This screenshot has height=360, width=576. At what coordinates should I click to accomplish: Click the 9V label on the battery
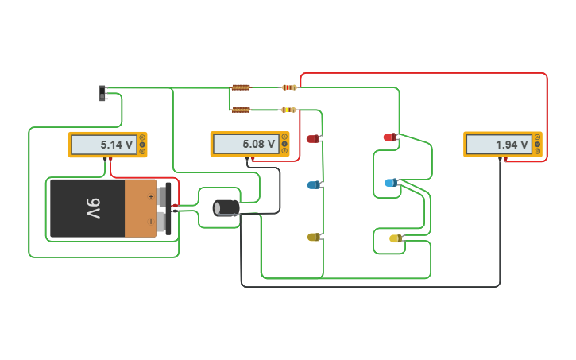93,208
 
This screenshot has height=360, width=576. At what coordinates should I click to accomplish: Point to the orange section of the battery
140,208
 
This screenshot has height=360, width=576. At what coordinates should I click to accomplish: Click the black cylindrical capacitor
226,207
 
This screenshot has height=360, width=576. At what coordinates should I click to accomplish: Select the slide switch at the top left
102,93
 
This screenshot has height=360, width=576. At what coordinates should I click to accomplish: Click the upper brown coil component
241,87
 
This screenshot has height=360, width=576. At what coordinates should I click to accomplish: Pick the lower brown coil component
241,110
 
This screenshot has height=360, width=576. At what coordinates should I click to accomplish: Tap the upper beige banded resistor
289,87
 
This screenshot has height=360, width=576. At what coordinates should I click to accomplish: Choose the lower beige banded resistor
289,110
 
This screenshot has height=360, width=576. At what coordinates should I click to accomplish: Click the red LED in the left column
312,139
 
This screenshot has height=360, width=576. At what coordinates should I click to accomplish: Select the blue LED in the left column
313,185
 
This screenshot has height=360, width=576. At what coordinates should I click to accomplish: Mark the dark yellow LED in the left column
313,237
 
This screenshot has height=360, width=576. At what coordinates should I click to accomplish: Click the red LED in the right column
389,137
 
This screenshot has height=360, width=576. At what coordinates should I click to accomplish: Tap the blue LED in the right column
390,183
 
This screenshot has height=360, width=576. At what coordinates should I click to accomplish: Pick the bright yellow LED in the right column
395,238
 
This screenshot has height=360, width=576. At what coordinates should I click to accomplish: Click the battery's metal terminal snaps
164,208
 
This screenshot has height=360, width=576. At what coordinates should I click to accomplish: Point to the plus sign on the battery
151,195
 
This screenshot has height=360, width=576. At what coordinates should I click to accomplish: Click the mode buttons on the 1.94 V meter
537,145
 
